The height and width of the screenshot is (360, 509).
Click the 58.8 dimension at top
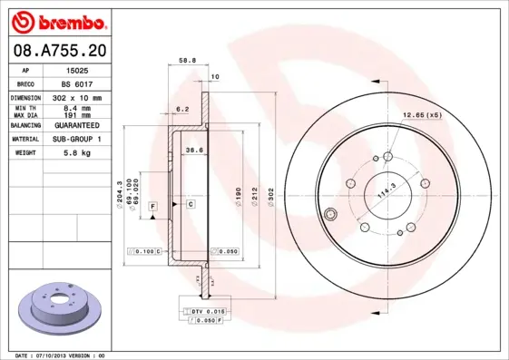187,60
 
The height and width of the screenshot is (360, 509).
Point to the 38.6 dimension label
192,150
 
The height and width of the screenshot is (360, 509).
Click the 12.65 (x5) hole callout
422,115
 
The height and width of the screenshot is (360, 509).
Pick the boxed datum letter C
191,205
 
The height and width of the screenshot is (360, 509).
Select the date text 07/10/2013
51,355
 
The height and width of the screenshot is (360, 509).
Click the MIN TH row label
24,108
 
